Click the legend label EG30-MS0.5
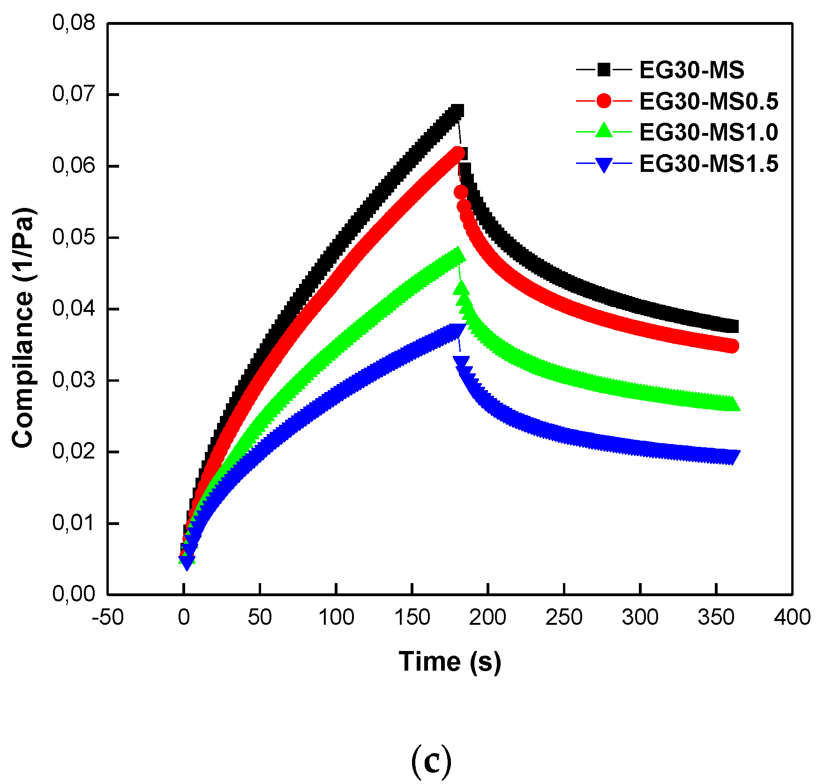[708, 102]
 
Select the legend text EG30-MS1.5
[708, 164]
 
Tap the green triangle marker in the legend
[604, 131]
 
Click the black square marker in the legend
[604, 70]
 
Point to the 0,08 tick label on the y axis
[74, 22]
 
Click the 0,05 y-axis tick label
[74, 237]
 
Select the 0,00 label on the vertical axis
[74, 594]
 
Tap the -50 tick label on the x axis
[108, 617]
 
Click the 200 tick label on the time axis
[487, 617]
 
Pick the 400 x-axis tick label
[792, 617]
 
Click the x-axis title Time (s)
[450, 662]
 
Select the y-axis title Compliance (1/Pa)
[23, 328]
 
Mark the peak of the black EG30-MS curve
[457, 111]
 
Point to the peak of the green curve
[457, 255]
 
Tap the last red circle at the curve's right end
[732, 346]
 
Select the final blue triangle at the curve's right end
[733, 457]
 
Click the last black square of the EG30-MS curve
[732, 326]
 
